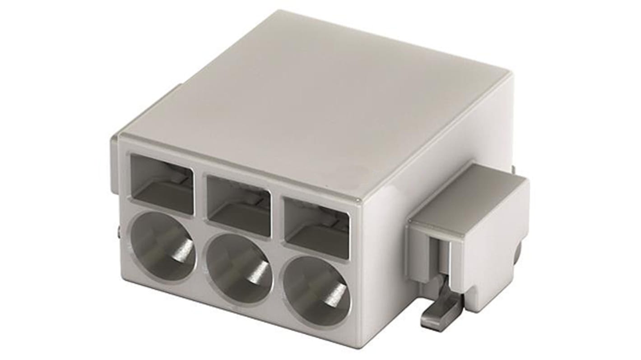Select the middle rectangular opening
[238, 205]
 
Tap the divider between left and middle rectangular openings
[200, 194]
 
